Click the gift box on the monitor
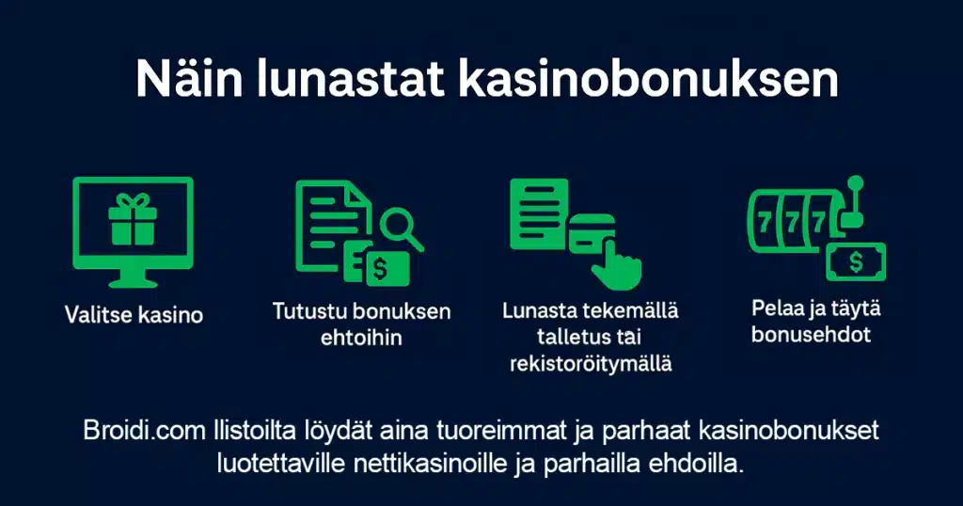pyautogui.click(x=132, y=221)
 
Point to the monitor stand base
pyautogui.click(x=132, y=280)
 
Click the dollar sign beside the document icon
pyautogui.click(x=380, y=269)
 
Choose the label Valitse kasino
pyautogui.click(x=134, y=315)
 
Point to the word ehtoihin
pyautogui.click(x=361, y=337)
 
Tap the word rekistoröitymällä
pyautogui.click(x=591, y=363)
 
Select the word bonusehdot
pyautogui.click(x=811, y=334)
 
